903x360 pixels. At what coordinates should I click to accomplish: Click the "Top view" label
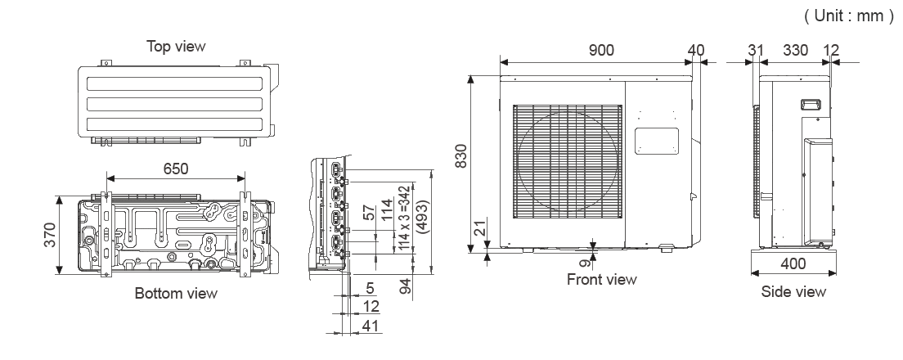pos(176,46)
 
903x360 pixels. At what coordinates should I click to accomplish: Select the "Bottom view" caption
pos(177,293)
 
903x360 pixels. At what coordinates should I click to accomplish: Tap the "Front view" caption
pos(601,280)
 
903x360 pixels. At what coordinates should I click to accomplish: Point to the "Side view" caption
pos(793,291)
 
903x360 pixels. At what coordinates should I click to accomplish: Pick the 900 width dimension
pos(603,51)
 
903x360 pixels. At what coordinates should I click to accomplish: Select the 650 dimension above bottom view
pos(175,169)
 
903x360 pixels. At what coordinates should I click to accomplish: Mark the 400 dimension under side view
pos(793,264)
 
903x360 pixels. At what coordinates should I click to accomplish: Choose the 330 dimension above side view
pos(795,51)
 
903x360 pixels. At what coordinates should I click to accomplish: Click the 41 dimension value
pos(371,326)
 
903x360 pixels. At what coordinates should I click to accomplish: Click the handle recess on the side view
pos(811,104)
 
